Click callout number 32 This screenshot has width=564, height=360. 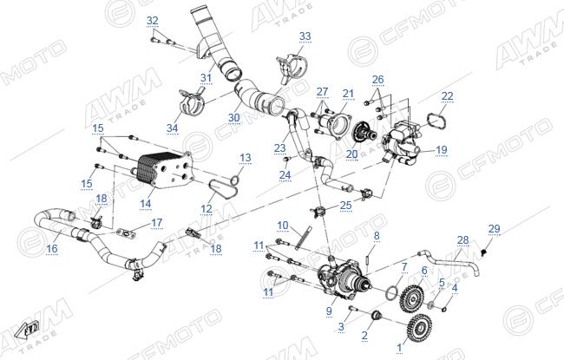click(x=153, y=21)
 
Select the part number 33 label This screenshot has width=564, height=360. click(x=305, y=36)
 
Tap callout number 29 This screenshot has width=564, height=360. click(x=495, y=229)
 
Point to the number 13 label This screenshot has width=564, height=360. click(x=246, y=158)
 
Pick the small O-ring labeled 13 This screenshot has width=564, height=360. click(x=235, y=180)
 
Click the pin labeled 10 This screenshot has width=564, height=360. click(x=303, y=238)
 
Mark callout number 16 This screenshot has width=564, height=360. click(x=52, y=248)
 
